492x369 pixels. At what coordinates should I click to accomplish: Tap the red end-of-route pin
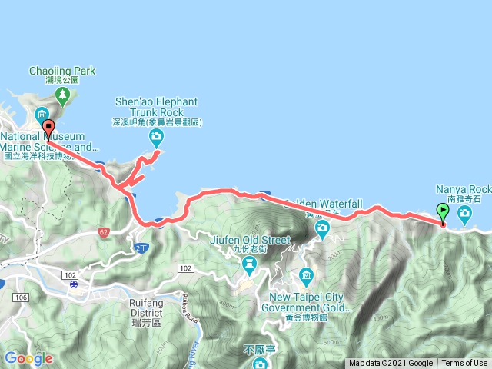48,128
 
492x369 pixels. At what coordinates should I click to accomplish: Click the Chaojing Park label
62,71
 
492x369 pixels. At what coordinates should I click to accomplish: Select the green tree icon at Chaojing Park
62,96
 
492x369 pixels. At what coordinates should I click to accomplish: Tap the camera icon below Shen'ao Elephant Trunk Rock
156,138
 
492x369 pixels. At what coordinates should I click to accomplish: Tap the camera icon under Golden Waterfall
322,228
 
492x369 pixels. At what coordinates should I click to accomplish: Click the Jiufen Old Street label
250,240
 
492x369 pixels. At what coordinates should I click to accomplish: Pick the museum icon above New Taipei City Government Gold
306,275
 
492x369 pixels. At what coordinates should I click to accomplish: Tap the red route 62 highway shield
105,231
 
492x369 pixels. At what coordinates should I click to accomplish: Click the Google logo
28,358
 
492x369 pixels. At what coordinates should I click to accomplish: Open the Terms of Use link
464,364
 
